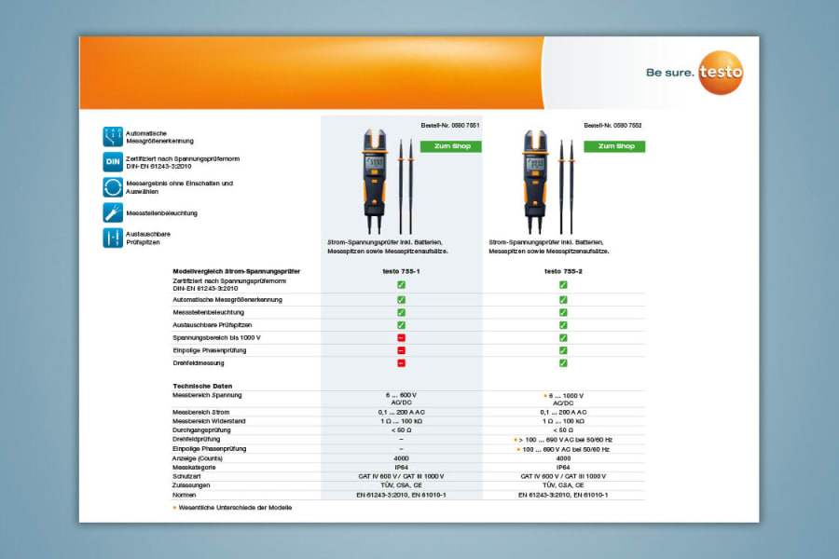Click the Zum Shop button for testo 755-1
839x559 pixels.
click(x=451, y=146)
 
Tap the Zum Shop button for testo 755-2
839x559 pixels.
click(x=614, y=146)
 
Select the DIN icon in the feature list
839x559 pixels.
click(x=113, y=162)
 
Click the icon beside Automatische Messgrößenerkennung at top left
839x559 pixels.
click(x=113, y=137)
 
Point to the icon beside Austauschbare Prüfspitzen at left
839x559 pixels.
click(x=113, y=238)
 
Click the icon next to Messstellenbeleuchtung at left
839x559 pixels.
click(x=113, y=212)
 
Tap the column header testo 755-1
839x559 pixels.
click(x=401, y=271)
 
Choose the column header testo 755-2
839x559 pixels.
click(x=563, y=271)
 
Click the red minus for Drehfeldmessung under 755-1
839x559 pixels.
click(x=401, y=362)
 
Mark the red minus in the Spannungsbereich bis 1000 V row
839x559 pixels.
click(x=401, y=337)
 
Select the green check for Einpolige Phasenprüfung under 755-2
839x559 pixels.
click(x=563, y=350)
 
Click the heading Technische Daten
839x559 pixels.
click(x=202, y=386)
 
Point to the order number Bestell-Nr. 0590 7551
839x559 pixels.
click(x=451, y=125)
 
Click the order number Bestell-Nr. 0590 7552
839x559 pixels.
click(x=612, y=125)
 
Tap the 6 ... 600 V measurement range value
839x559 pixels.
click(x=401, y=395)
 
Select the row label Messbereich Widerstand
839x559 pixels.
click(x=210, y=421)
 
